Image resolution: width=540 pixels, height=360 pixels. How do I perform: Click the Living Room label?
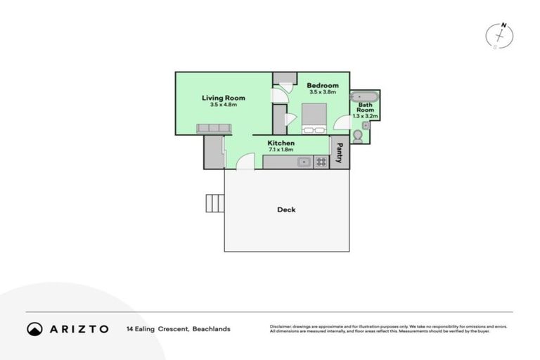click(x=223, y=98)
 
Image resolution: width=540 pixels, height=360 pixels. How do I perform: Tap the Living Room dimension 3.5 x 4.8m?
click(x=223, y=105)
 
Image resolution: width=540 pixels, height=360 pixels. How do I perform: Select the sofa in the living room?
click(x=214, y=129)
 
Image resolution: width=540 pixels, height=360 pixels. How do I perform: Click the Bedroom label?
click(x=323, y=86)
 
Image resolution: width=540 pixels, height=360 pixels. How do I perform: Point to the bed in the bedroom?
click(x=314, y=118)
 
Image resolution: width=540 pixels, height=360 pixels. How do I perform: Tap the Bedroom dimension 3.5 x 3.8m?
click(x=323, y=92)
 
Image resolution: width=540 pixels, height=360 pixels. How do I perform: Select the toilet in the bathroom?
click(x=358, y=135)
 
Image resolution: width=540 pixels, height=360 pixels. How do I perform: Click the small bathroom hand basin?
click(x=366, y=125)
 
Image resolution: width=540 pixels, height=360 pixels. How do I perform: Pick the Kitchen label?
click(x=281, y=143)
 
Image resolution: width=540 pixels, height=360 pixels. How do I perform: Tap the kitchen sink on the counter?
click(x=304, y=162)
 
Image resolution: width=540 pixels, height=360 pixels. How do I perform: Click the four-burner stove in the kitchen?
click(x=321, y=162)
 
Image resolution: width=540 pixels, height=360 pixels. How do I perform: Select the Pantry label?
click(x=339, y=153)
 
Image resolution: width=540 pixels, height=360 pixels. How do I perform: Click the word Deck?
click(x=286, y=210)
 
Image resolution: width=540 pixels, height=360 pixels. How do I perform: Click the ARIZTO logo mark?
click(x=35, y=328)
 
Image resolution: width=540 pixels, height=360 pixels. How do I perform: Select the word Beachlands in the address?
click(x=212, y=328)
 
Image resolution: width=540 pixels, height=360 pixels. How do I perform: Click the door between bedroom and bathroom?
click(x=343, y=122)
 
